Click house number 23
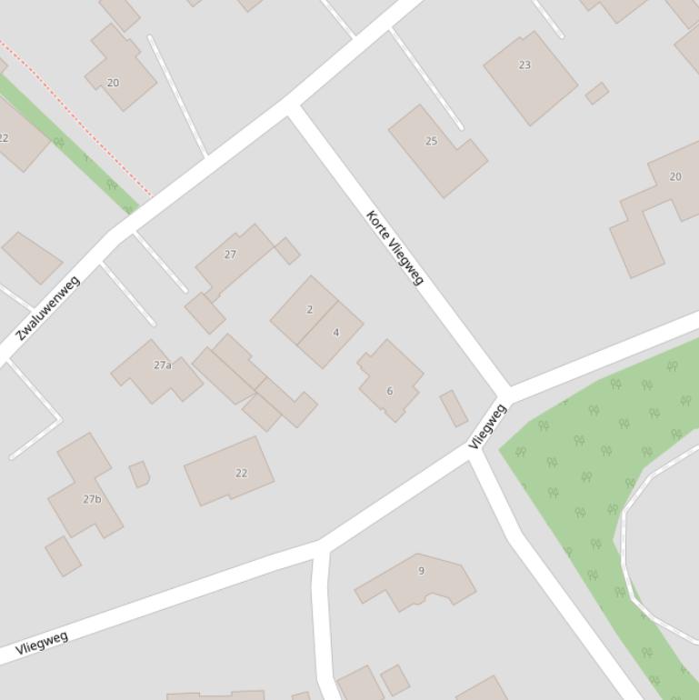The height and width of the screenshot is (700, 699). pyautogui.click(x=524, y=65)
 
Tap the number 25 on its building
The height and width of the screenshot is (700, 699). pyautogui.click(x=432, y=141)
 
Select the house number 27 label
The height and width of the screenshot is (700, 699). pyautogui.click(x=230, y=255)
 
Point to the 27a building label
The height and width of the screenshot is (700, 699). pyautogui.click(x=163, y=365)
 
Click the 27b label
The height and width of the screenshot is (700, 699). pyautogui.click(x=92, y=499)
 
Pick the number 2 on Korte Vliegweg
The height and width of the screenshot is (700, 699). pyautogui.click(x=309, y=310)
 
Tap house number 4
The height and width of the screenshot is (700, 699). pyautogui.click(x=335, y=333)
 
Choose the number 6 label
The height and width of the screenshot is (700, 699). pyautogui.click(x=390, y=391)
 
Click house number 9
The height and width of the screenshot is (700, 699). pyautogui.click(x=421, y=571)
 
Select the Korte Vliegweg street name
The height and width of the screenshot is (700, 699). pyautogui.click(x=395, y=247)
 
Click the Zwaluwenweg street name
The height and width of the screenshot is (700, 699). pyautogui.click(x=48, y=307)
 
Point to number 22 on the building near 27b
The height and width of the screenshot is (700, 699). pyautogui.click(x=241, y=473)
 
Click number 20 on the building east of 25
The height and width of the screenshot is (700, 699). pyautogui.click(x=674, y=176)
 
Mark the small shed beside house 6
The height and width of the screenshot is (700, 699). pyautogui.click(x=454, y=408)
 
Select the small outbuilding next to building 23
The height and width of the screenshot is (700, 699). pyautogui.click(x=597, y=93)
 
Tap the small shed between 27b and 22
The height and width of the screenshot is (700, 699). pyautogui.click(x=139, y=474)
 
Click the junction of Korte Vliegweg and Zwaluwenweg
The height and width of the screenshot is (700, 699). pyautogui.click(x=293, y=107)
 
